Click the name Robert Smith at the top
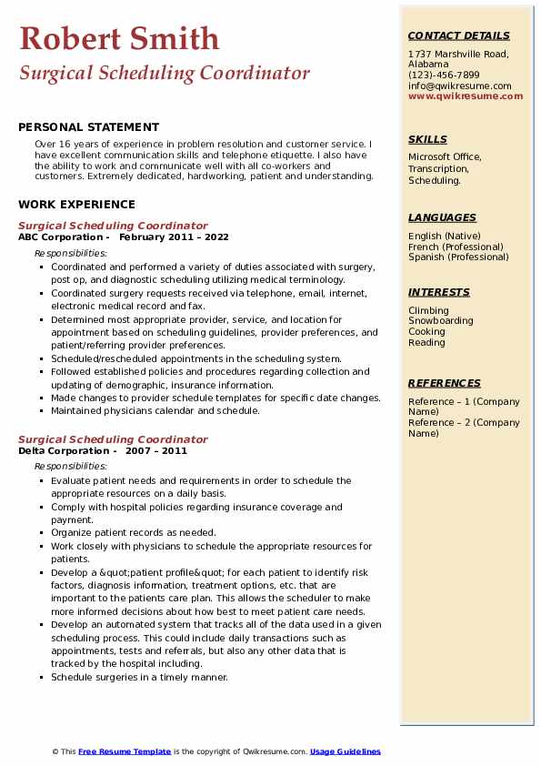[119, 38]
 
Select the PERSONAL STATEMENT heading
[88, 127]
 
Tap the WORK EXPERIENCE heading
[76, 205]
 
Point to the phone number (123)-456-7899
[444, 75]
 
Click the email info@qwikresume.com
[459, 86]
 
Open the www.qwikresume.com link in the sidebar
[466, 96]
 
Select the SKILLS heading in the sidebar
[427, 139]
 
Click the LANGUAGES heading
[442, 217]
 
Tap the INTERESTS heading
[439, 292]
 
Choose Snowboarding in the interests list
[440, 321]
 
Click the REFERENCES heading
[445, 383]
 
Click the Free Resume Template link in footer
[125, 751]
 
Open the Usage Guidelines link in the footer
[345, 751]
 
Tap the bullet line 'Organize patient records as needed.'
[133, 533]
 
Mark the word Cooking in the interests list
[426, 332]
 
